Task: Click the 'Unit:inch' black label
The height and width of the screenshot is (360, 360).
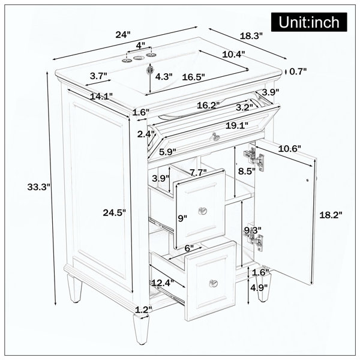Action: (x=309, y=22)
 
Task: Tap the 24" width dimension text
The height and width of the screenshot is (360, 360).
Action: (x=123, y=35)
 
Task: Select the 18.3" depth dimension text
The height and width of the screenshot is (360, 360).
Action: (x=251, y=36)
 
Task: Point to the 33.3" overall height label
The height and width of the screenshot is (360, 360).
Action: (x=38, y=187)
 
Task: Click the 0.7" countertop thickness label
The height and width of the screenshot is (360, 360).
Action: (x=298, y=71)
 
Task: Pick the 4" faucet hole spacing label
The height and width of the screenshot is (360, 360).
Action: (x=140, y=45)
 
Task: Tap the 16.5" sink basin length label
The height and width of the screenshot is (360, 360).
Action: (x=193, y=77)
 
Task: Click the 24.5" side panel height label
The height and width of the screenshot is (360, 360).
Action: (x=114, y=212)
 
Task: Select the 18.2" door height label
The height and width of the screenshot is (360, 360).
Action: (x=331, y=215)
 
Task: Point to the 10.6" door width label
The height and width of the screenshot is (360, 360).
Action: (x=289, y=149)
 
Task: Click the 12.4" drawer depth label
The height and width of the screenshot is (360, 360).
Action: (x=163, y=283)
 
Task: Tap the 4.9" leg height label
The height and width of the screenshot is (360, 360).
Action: (x=259, y=287)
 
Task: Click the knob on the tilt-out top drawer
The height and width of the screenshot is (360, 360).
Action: (x=215, y=136)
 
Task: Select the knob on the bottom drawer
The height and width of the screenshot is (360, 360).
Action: (x=213, y=283)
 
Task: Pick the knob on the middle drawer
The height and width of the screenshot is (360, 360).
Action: (x=203, y=211)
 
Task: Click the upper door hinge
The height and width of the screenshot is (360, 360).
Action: (x=254, y=158)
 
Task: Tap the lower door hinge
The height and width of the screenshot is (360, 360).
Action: (x=254, y=239)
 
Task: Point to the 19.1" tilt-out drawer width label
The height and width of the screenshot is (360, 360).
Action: (x=237, y=125)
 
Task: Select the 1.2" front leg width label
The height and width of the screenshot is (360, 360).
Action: (x=143, y=310)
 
